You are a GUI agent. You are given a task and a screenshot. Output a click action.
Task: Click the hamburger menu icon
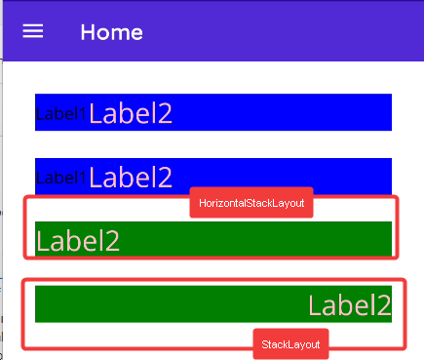click(33, 31)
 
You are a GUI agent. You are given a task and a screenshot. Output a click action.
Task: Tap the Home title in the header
click(111, 32)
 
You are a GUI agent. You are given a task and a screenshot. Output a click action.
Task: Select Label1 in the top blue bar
click(59, 113)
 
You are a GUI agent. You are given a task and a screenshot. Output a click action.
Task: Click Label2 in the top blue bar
click(131, 113)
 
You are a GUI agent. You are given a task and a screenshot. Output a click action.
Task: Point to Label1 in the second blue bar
click(59, 177)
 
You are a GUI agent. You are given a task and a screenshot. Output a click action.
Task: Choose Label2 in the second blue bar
click(131, 177)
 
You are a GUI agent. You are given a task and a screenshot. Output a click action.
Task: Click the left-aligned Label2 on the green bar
click(78, 240)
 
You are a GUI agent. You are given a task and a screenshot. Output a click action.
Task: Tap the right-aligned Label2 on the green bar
click(349, 304)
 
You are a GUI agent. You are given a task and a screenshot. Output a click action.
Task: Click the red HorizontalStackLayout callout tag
click(251, 204)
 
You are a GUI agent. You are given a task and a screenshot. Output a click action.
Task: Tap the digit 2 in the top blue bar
click(165, 114)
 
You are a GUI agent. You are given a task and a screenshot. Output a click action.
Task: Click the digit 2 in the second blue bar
click(165, 178)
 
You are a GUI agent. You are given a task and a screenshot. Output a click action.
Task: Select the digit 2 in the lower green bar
click(383, 305)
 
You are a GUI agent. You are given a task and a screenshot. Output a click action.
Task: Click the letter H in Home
click(88, 32)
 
